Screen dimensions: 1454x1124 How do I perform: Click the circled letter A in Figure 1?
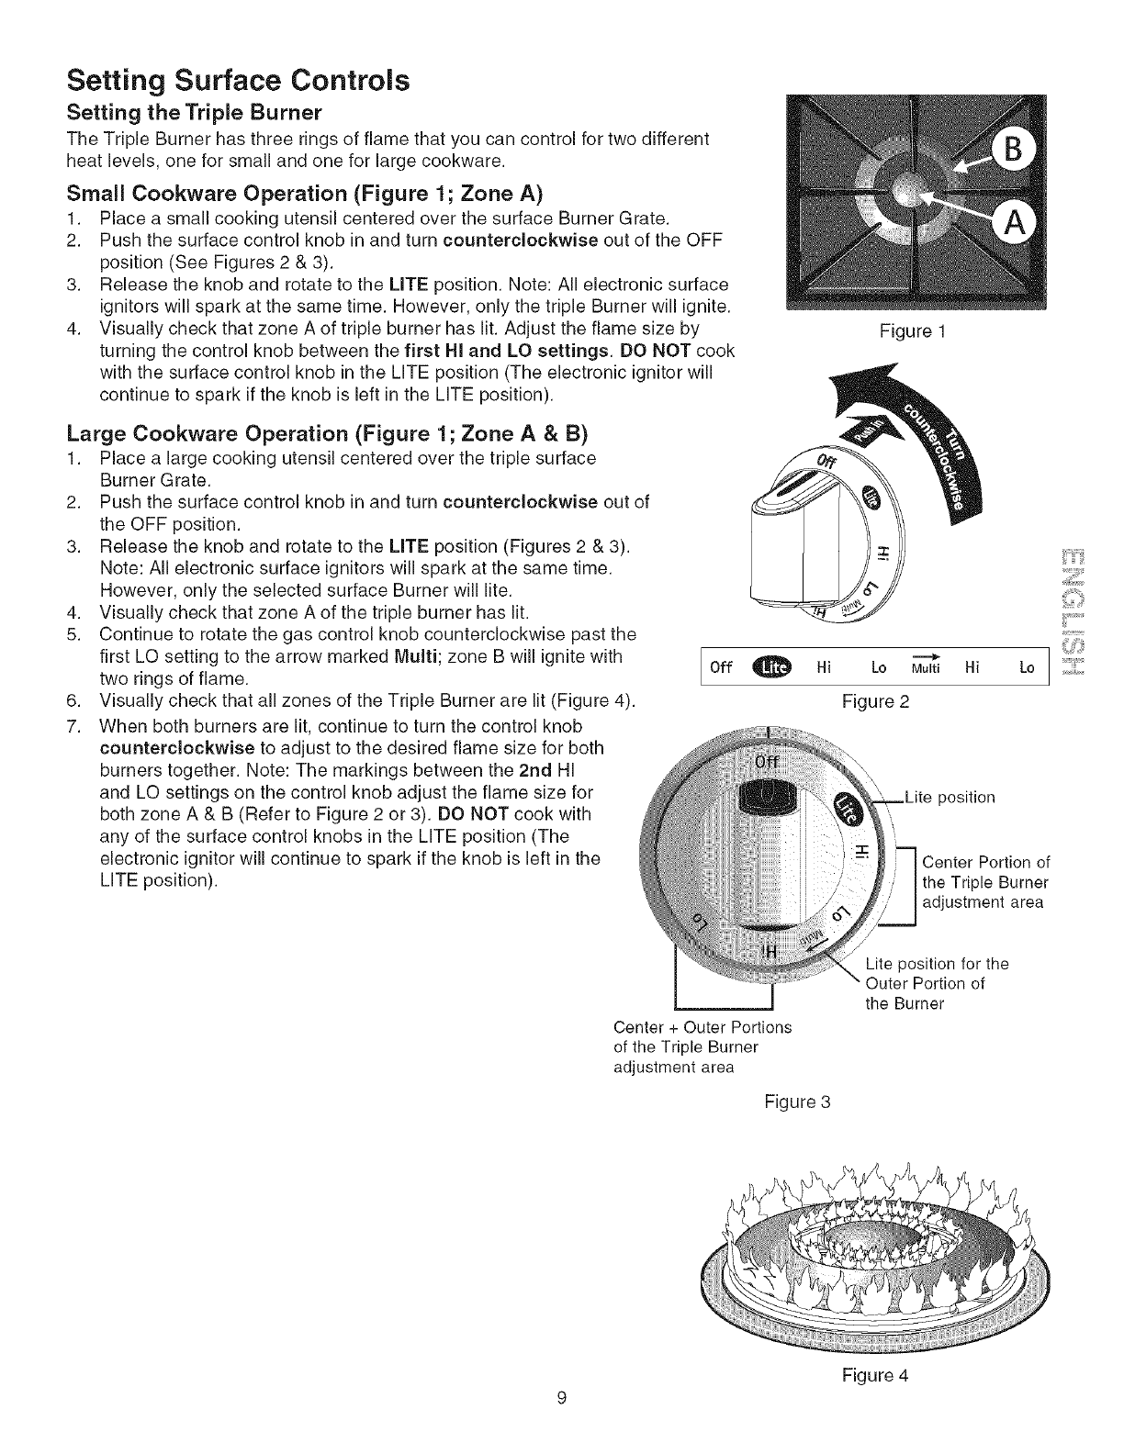click(x=1014, y=225)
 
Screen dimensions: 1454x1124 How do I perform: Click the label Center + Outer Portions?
click(x=702, y=1026)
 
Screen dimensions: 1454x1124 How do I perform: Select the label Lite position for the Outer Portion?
click(x=937, y=983)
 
